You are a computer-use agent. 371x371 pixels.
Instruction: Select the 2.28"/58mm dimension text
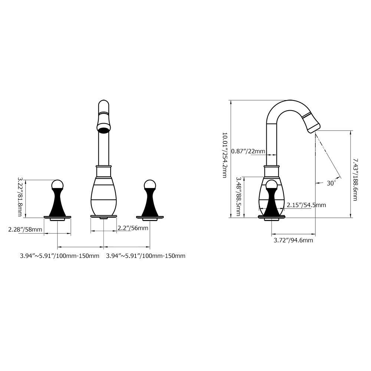pyautogui.click(x=25, y=229)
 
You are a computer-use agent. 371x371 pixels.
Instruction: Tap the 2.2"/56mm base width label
pyautogui.click(x=133, y=228)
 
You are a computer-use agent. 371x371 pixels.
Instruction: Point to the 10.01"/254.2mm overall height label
pyautogui.click(x=224, y=155)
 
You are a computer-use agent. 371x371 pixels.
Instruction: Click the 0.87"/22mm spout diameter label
pyautogui.click(x=248, y=151)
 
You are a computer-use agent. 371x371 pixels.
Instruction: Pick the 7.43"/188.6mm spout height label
pyautogui.click(x=355, y=180)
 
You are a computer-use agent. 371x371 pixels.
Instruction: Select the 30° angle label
pyautogui.click(x=331, y=183)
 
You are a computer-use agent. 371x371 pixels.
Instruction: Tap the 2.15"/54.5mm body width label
pyautogui.click(x=306, y=205)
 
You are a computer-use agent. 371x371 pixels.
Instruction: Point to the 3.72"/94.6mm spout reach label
pyautogui.click(x=293, y=240)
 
